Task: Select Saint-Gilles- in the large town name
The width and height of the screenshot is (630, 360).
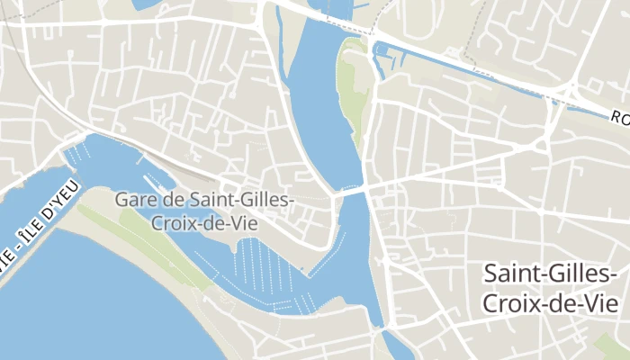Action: click(x=550, y=274)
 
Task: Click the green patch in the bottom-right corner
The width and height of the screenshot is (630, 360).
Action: click(x=617, y=346)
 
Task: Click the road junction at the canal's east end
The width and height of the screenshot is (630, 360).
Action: click(x=572, y=90)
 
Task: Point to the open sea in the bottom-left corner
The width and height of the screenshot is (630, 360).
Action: click(x=54, y=315)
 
